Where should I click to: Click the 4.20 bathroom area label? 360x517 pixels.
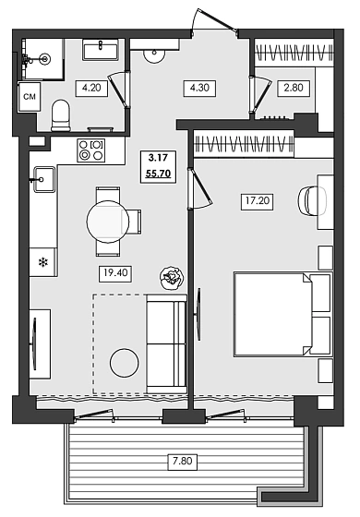coord(90,89)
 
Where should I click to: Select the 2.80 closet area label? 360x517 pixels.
coord(291,89)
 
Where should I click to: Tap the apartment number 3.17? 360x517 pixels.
coord(157,157)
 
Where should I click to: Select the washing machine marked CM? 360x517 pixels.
coord(29,95)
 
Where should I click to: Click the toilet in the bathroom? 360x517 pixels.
coord(61,115)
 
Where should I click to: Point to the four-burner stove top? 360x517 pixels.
coord(90,150)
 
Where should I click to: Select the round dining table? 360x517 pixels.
coord(108,221)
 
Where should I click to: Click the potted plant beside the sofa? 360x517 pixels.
coord(172,277)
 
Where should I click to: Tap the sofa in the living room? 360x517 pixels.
coord(167,339)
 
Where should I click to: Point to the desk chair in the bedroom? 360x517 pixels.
coord(309,200)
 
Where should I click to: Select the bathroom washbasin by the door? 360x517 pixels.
coord(99,50)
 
